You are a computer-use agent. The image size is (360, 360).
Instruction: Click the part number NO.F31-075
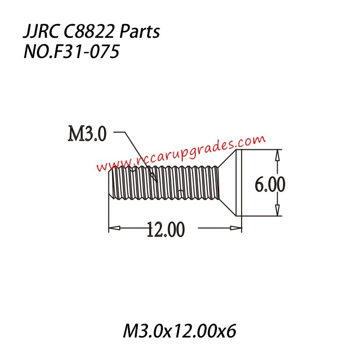tap(71, 52)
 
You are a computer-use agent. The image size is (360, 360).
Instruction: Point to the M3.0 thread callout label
tap(87, 134)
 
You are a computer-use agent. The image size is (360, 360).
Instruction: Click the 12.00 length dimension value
tap(165, 229)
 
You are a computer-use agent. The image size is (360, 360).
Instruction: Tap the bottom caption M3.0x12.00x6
tap(180, 332)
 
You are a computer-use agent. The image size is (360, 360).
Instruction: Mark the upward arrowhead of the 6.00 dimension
tap(277, 154)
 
